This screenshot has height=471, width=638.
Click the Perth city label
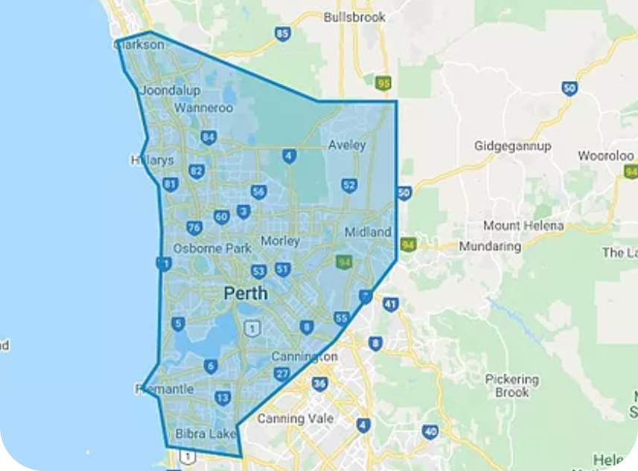pyautogui.click(x=246, y=293)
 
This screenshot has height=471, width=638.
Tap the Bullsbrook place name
pyautogui.click(x=354, y=16)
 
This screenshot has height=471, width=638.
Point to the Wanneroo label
pyautogui.click(x=203, y=109)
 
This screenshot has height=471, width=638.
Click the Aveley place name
pyautogui.click(x=347, y=145)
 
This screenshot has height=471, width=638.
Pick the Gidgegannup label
pyautogui.click(x=513, y=146)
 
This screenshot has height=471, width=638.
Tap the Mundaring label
pyautogui.click(x=491, y=246)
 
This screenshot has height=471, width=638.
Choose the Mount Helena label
pyautogui.click(x=523, y=225)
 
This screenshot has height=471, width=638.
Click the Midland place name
pyautogui.click(x=368, y=233)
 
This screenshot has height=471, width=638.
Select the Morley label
pyautogui.click(x=281, y=241)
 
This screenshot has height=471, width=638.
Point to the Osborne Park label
pyautogui.click(x=212, y=249)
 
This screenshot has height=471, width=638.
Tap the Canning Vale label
pyautogui.click(x=290, y=419)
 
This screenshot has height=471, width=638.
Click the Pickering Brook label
pyautogui.click(x=512, y=385)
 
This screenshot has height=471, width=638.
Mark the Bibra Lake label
pyautogui.click(x=205, y=433)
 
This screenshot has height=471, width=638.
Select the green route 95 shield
pyautogui.click(x=383, y=83)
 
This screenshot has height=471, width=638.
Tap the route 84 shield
pyautogui.click(x=208, y=137)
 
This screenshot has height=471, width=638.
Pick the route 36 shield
pyautogui.click(x=319, y=384)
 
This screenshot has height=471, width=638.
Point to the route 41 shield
pyautogui.click(x=391, y=304)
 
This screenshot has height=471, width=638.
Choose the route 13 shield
pyautogui.click(x=222, y=398)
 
